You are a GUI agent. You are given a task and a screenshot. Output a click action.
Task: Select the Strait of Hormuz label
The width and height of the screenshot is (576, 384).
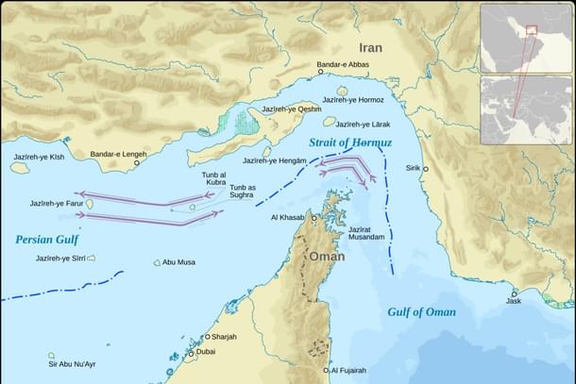tap(350, 142)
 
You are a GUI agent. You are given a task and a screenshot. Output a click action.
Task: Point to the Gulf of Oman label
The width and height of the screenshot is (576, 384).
tap(421, 312)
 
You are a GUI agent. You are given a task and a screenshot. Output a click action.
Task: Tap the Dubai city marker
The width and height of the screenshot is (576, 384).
tap(191, 353)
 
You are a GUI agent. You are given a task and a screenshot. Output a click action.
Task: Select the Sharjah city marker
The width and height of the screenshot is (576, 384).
tap(207, 337)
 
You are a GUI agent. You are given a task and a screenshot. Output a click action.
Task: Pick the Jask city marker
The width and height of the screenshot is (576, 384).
tap(514, 293)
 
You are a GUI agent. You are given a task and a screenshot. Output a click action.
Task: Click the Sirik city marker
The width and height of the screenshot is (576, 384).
tap(425, 169)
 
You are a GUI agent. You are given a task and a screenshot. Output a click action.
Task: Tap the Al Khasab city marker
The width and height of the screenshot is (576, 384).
tap(305, 217)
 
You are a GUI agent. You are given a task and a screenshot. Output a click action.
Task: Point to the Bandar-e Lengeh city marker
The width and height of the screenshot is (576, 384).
tap(136, 162)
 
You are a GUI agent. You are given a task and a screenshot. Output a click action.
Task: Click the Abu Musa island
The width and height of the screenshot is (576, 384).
tap(158, 263)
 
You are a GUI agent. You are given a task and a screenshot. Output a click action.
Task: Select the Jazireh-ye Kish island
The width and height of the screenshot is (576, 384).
tap(20, 168)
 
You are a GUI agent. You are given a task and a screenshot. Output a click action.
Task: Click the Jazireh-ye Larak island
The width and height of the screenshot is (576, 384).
tap(330, 122)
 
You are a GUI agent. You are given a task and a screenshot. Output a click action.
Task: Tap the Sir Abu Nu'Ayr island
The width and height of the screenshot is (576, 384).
tap(51, 356)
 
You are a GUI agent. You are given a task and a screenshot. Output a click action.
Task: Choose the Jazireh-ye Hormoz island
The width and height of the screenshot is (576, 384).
tap(341, 92)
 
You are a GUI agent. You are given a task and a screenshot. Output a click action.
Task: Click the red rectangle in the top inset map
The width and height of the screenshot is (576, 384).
tap(532, 30)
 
